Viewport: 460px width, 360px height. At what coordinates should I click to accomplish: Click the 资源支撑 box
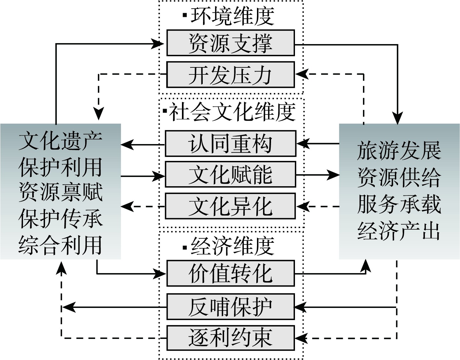[x=230, y=43]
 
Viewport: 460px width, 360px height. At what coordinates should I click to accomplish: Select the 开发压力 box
[x=230, y=75]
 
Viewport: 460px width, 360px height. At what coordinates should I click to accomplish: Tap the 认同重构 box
[x=230, y=143]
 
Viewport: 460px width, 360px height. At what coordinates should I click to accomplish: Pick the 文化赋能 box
[x=230, y=174]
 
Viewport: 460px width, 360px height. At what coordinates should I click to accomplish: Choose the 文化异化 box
[x=230, y=206]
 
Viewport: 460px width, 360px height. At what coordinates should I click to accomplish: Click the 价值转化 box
[x=230, y=273]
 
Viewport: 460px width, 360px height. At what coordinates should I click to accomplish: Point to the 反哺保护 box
[x=230, y=307]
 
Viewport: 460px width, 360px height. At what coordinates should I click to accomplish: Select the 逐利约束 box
[x=230, y=338]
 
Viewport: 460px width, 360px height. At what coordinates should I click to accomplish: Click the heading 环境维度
[x=232, y=16]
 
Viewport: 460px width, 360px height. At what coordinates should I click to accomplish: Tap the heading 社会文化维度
[x=232, y=112]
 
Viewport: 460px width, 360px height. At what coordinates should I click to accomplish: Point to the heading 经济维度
[x=232, y=246]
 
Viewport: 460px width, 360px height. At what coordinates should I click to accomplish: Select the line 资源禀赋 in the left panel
[x=60, y=193]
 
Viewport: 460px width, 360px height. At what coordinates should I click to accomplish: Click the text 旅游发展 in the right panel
[x=399, y=150]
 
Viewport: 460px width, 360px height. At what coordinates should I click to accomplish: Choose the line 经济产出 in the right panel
[x=399, y=231]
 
